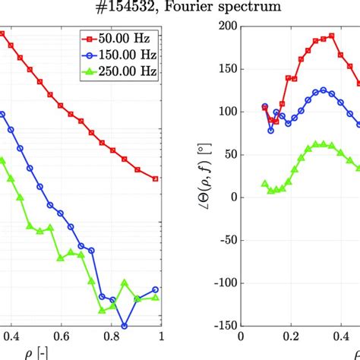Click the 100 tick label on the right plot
[224, 112]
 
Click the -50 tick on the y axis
[222, 240]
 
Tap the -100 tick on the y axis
[219, 283]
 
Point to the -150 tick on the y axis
[219, 325]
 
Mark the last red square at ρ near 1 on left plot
[156, 178]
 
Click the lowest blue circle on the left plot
[125, 326]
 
